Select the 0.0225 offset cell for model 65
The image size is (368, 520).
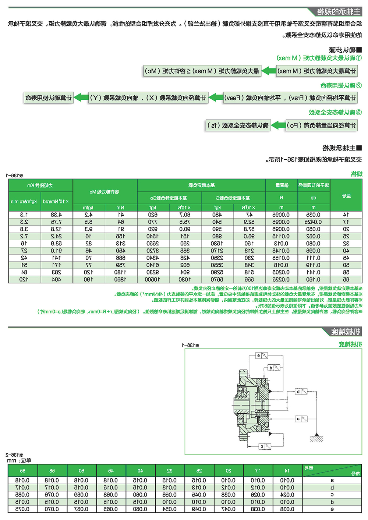(x=281, y=279)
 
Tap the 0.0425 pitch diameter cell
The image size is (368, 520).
(x=313, y=222)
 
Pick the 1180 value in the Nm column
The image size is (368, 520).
(x=120, y=272)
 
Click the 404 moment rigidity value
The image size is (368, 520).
(x=56, y=279)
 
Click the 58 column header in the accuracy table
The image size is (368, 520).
(x=52, y=470)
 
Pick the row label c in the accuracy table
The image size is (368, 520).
(x=332, y=495)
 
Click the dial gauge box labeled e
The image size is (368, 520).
(x=262, y=355)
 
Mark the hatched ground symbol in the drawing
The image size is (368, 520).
(x=316, y=438)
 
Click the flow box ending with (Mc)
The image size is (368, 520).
(x=202, y=71)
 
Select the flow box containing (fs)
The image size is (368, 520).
(x=238, y=125)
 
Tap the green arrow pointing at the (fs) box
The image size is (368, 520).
(x=278, y=125)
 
